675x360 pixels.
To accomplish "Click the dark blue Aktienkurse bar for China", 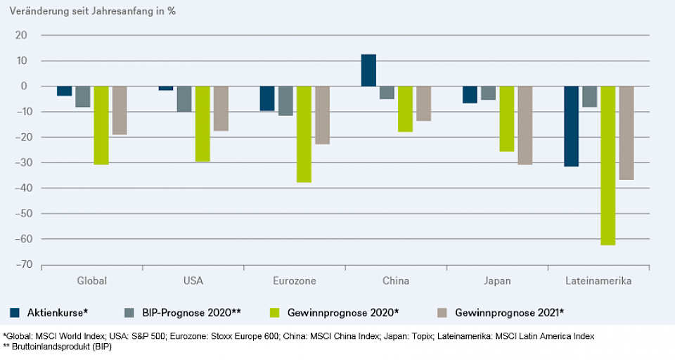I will [x=368, y=70].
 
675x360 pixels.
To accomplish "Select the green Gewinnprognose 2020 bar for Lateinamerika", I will [x=608, y=165].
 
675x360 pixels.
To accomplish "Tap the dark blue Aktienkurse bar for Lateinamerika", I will [x=572, y=126].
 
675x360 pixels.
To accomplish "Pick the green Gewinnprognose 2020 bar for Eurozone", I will [x=304, y=134].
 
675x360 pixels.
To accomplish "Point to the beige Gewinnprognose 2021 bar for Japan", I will [x=525, y=125].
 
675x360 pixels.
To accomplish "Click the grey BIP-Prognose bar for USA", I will [x=184, y=99].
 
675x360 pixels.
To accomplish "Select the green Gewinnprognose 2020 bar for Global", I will [x=101, y=125].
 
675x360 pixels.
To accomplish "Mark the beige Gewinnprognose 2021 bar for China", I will [x=423, y=103].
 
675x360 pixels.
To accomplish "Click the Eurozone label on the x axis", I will [x=294, y=281].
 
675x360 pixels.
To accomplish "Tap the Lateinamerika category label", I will [x=598, y=281].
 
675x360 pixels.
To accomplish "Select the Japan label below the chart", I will [x=497, y=281].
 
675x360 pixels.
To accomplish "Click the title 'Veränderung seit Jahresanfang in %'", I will [x=92, y=12].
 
